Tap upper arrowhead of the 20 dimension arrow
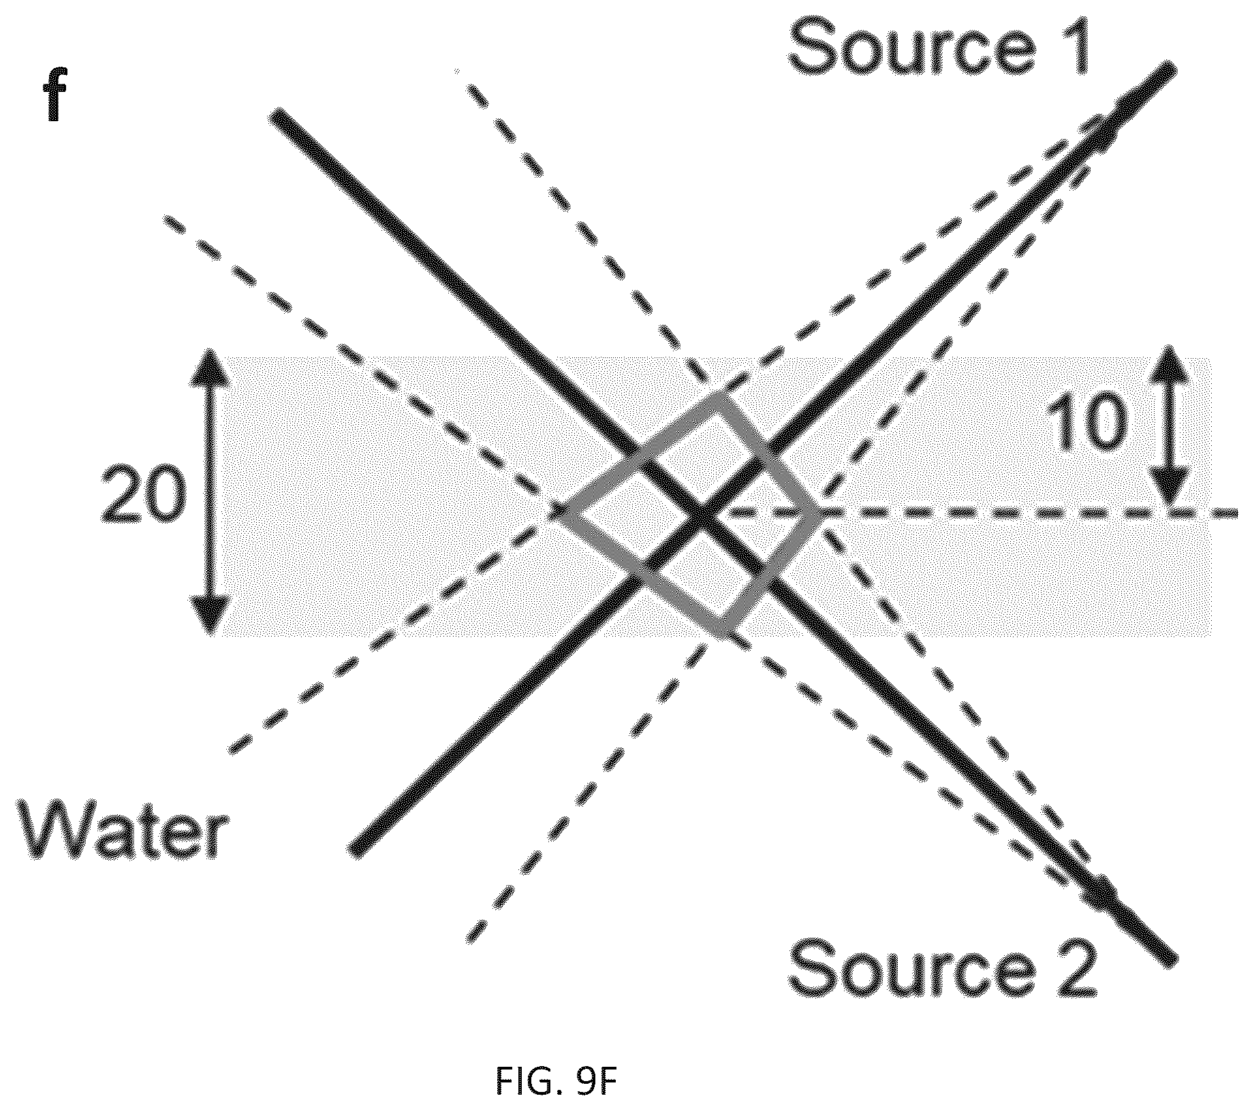pyautogui.click(x=208, y=364)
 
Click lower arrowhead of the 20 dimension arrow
pyautogui.click(x=208, y=616)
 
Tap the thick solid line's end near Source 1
pyautogui.click(x=1170, y=69)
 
